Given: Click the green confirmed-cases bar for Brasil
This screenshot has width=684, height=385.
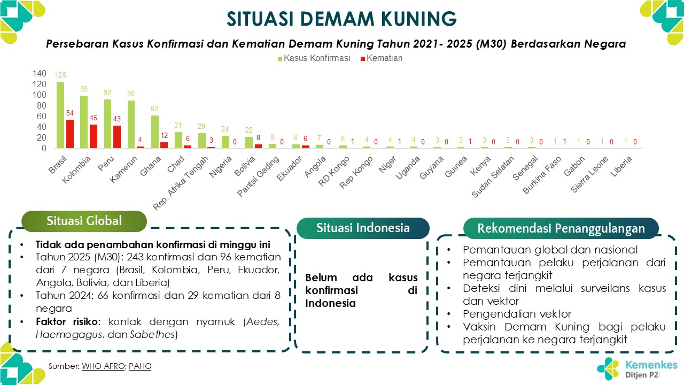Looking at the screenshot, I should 60,115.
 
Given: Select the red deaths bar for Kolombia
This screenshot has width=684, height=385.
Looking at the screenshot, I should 93,136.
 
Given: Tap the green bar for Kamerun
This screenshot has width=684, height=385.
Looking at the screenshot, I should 131,124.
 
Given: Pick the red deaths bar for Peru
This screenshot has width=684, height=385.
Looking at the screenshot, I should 116,137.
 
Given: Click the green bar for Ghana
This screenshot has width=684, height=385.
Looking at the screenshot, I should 155,132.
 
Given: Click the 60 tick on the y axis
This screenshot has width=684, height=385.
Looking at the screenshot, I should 41,117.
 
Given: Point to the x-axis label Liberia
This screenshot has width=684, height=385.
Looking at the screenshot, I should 623,166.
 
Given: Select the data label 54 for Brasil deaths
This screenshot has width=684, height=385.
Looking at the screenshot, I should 69,114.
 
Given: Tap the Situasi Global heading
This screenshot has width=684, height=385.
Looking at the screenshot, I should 84,221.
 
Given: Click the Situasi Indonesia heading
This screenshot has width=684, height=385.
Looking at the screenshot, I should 363,228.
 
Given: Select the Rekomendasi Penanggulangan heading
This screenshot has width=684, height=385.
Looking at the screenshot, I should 561,228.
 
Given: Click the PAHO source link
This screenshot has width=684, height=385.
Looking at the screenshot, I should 140,366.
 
